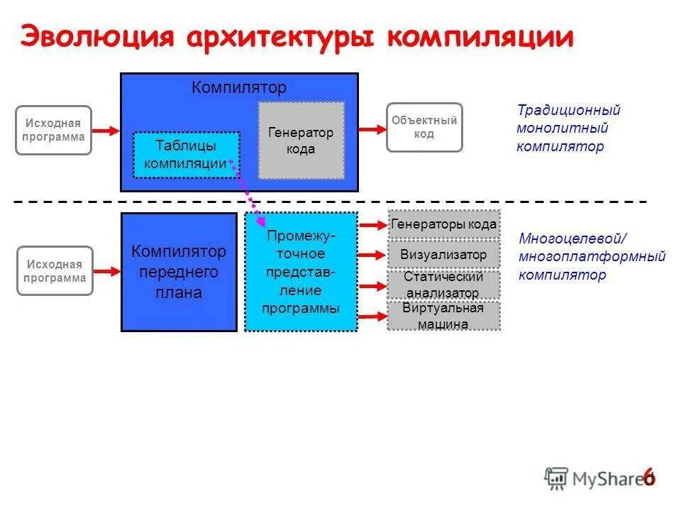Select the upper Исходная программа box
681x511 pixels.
click(x=54, y=130)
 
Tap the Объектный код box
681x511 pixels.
click(x=424, y=127)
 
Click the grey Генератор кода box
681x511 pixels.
click(x=301, y=141)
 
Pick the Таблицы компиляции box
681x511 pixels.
click(x=187, y=155)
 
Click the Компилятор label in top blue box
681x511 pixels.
click(x=239, y=88)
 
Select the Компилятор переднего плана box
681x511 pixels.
click(x=179, y=272)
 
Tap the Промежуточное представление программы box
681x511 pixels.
click(x=301, y=272)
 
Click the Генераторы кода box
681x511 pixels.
click(x=443, y=224)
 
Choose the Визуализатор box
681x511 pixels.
click(x=443, y=255)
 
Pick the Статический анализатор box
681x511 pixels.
click(x=443, y=285)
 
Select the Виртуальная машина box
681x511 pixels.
click(x=443, y=316)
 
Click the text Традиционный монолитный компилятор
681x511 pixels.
click(x=567, y=128)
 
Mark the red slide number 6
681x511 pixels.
click(x=648, y=477)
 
